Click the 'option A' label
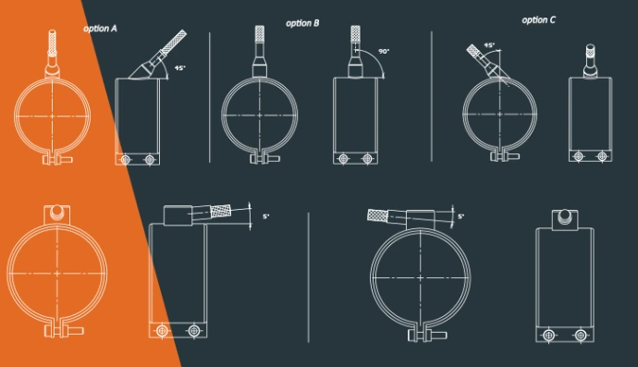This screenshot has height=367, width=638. click(x=100, y=29)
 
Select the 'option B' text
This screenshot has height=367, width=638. click(x=302, y=23)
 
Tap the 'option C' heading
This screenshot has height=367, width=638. click(x=538, y=20)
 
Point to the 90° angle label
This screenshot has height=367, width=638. click(x=384, y=51)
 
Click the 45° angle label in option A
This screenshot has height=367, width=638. click(x=180, y=68)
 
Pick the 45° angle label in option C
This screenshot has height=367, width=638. click(x=489, y=45)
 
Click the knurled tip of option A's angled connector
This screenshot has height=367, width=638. click(x=175, y=41)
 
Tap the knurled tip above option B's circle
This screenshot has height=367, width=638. click(x=260, y=33)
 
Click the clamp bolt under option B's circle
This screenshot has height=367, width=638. click(x=264, y=157)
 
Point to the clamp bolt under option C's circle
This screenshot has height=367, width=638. click(x=505, y=156)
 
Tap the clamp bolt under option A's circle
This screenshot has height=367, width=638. click(x=57, y=159)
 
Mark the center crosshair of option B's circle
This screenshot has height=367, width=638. click(x=260, y=116)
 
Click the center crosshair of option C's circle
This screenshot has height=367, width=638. click(x=500, y=115)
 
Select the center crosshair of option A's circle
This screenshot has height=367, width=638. click(x=53, y=116)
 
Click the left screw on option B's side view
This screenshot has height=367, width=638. click(x=343, y=159)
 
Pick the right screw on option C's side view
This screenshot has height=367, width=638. click(x=602, y=156)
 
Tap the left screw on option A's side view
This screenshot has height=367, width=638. click(x=126, y=160)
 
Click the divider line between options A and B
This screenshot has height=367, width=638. click(x=210, y=98)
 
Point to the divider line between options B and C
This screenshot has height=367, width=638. click(x=431, y=96)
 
